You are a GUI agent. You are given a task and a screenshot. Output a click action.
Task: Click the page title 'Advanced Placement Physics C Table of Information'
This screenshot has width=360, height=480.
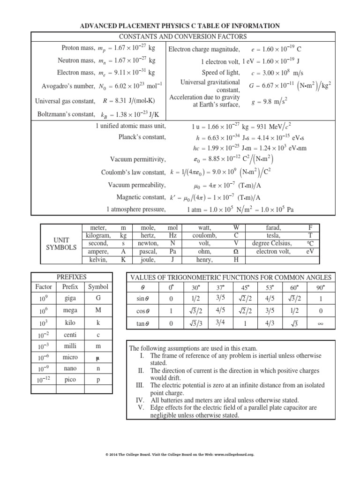180,26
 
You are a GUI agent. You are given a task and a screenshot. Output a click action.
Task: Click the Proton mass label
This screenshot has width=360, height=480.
78,48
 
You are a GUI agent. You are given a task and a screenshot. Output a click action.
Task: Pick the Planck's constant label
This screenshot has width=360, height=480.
142,138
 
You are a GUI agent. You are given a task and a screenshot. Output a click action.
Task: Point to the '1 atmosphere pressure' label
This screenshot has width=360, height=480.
136,209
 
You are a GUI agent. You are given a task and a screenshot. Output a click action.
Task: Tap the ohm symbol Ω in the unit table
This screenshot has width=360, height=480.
236,252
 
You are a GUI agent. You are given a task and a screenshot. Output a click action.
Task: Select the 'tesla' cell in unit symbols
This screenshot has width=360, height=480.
272,235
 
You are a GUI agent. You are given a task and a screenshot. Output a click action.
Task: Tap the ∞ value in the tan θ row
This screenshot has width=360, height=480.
321,323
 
